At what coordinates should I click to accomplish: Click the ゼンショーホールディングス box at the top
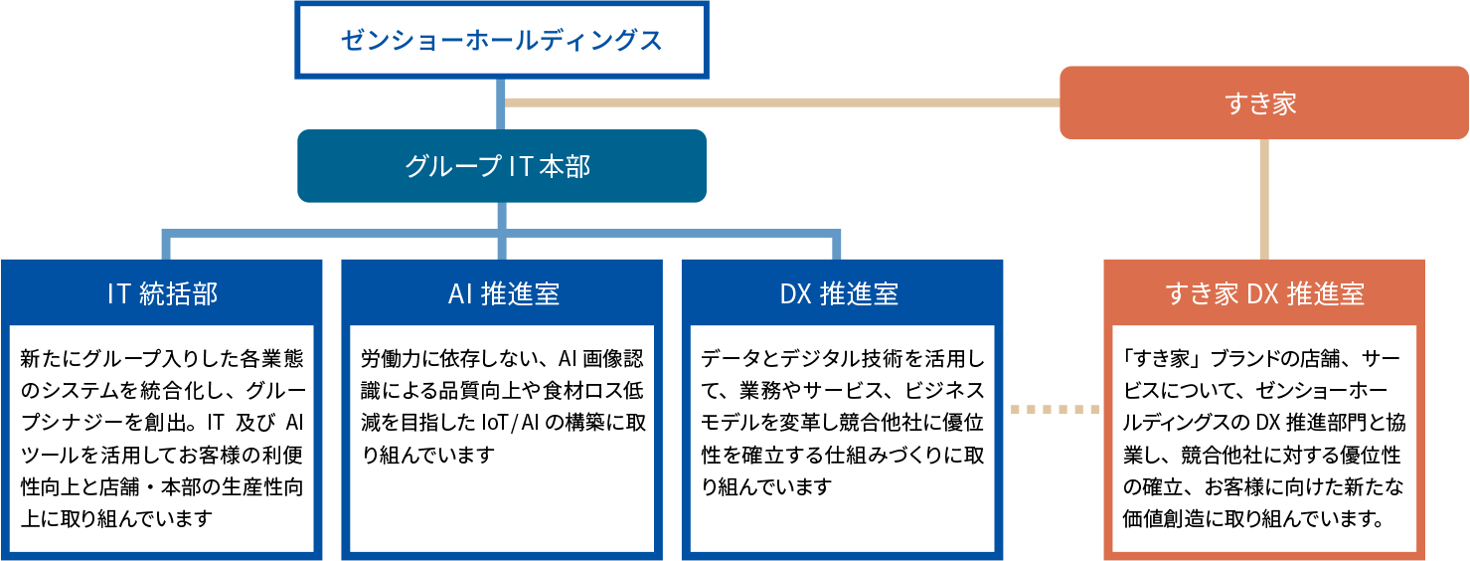click(501, 41)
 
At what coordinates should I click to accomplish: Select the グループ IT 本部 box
click(501, 166)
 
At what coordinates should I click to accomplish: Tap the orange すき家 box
click(1263, 102)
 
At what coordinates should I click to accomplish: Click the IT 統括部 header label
click(162, 294)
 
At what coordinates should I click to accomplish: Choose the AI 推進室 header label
click(502, 294)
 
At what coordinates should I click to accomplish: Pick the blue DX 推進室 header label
click(841, 294)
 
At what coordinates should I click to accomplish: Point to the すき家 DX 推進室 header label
click(1264, 294)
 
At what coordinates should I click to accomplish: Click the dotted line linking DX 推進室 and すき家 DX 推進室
click(1055, 409)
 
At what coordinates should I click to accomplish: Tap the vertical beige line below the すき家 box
click(1264, 199)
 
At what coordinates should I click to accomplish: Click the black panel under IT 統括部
click(162, 438)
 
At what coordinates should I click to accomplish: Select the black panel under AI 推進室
click(502, 438)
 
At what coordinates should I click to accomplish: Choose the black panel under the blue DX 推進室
click(842, 438)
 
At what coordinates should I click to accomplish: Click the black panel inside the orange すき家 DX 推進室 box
click(1264, 438)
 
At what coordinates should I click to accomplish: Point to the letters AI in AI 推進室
click(460, 294)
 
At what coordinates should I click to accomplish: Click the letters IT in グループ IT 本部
click(521, 166)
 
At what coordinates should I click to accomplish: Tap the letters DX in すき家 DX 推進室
click(1261, 294)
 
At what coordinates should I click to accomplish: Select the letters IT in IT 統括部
click(118, 294)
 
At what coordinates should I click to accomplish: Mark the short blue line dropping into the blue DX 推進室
click(837, 247)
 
